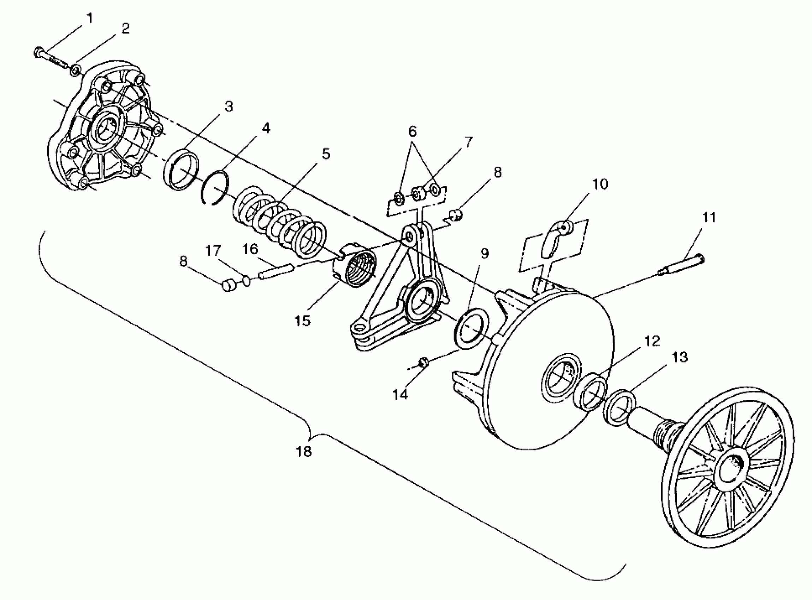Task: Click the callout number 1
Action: coord(89,18)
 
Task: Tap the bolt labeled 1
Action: coord(51,57)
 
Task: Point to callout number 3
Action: coord(228,107)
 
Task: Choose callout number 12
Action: coord(652,341)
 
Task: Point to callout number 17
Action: coord(213,251)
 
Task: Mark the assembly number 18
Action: coord(304,451)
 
